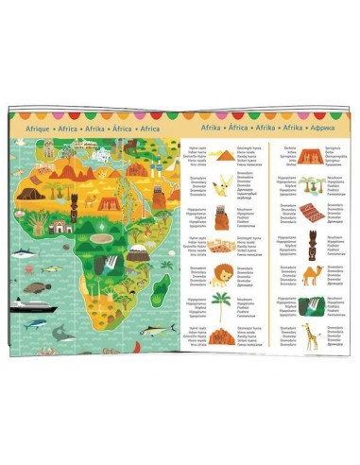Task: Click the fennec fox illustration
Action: coord(222,182)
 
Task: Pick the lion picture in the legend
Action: coord(219,274)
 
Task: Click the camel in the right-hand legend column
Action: coord(313,275)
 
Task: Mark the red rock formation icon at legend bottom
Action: coord(223,336)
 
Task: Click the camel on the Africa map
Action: coord(92,199)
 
